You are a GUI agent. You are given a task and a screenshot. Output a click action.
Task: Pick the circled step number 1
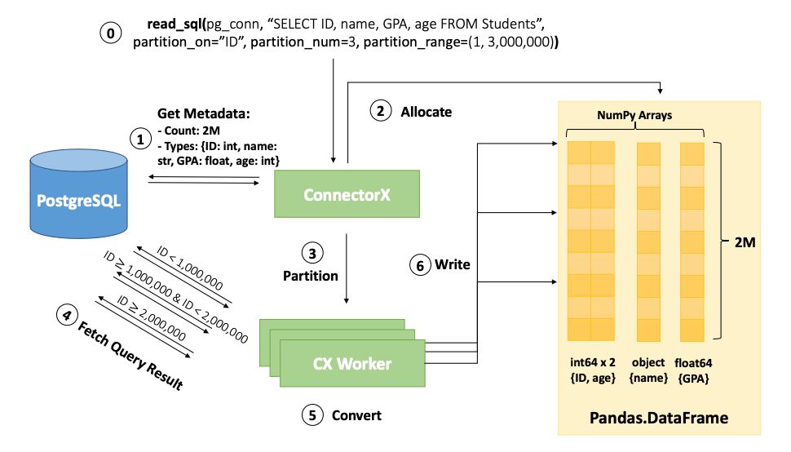click(140, 140)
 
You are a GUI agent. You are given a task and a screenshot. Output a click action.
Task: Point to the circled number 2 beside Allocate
click(379, 111)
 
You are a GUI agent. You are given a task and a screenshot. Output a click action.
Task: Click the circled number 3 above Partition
click(310, 250)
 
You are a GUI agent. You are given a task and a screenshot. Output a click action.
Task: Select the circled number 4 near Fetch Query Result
click(63, 312)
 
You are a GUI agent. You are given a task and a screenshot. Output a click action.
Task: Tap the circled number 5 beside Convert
click(311, 415)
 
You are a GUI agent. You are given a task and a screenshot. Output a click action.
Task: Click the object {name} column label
click(648, 368)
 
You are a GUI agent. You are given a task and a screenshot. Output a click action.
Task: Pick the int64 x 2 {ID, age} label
click(590, 368)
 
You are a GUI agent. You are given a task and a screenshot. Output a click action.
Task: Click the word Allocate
click(425, 111)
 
